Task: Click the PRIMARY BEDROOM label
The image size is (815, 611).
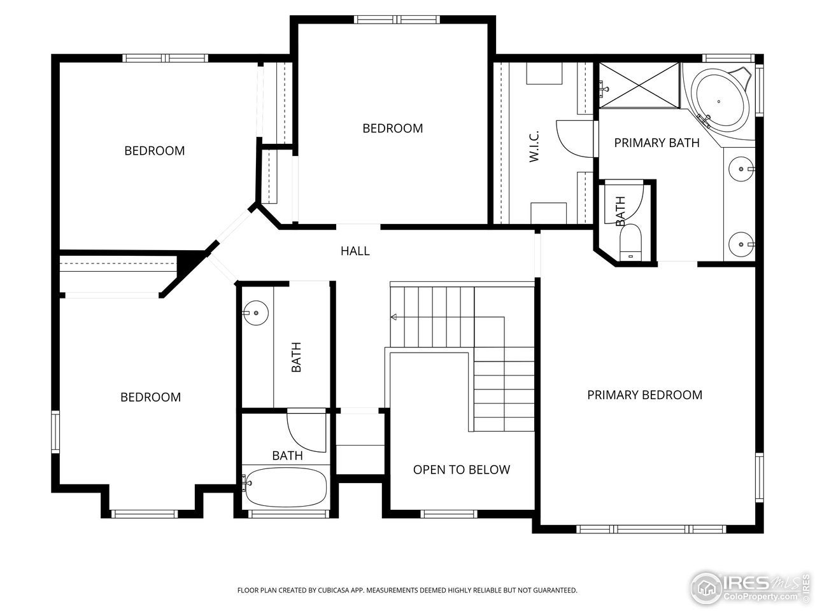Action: click(x=644, y=395)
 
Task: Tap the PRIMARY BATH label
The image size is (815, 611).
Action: click(x=656, y=143)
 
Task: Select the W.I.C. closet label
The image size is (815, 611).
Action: click(x=534, y=146)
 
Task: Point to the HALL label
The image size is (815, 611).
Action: click(x=355, y=251)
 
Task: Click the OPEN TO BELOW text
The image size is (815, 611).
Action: click(x=461, y=470)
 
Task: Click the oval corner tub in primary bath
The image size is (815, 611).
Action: click(x=721, y=101)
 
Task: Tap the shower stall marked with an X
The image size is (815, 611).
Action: click(x=639, y=85)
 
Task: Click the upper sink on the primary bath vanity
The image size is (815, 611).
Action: click(x=742, y=169)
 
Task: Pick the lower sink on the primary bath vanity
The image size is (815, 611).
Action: click(x=741, y=244)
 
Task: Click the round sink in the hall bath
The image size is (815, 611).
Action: click(x=256, y=313)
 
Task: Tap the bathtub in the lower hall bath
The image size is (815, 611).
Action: click(x=286, y=488)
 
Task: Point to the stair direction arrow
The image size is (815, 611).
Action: click(x=394, y=316)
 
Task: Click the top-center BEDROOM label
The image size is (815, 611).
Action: click(x=392, y=129)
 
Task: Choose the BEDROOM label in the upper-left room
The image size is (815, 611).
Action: click(x=154, y=151)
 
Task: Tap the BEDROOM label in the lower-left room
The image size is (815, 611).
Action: click(x=150, y=397)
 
